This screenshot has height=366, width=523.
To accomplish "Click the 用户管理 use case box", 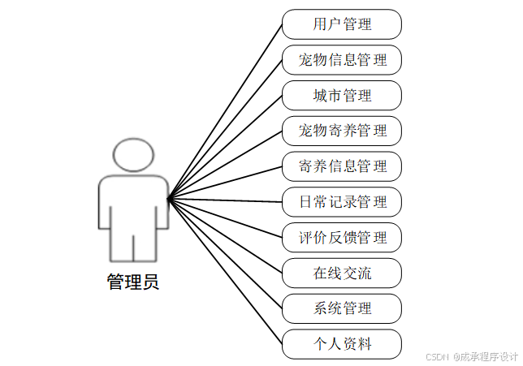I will pyautogui.click(x=342, y=24).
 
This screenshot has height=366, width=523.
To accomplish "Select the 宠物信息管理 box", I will pyautogui.click(x=342, y=60).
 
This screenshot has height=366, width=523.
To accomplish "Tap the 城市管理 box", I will pyautogui.click(x=342, y=96).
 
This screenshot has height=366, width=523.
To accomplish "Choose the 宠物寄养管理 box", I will pyautogui.click(x=342, y=131).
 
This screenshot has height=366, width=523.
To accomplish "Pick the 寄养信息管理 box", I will pyautogui.click(x=342, y=166).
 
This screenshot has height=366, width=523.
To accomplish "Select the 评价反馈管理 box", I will pyautogui.click(x=342, y=238).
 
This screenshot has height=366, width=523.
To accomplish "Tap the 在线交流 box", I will pyautogui.click(x=342, y=273).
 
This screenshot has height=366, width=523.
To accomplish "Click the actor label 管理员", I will pyautogui.click(x=133, y=282).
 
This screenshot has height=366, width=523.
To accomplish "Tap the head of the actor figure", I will pyautogui.click(x=133, y=154).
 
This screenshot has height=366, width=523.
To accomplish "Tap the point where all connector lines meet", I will pyautogui.click(x=168, y=199).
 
